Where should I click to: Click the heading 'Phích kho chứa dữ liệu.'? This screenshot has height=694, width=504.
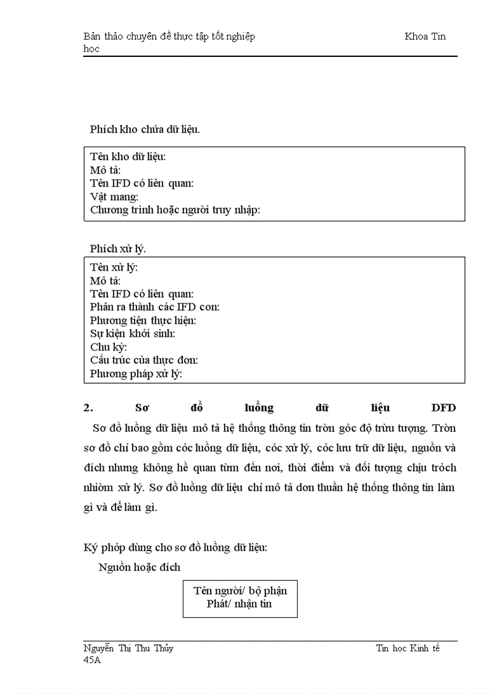tap(145, 129)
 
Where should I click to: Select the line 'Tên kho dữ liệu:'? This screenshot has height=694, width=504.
tap(128, 156)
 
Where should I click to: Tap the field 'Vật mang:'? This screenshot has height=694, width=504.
tap(114, 197)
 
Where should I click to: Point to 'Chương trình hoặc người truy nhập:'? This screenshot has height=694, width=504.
tap(175, 210)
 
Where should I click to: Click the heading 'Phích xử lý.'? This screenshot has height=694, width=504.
tap(117, 248)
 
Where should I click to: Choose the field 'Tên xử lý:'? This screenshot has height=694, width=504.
tap(114, 267)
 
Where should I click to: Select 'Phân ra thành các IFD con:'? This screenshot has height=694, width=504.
tap(154, 307)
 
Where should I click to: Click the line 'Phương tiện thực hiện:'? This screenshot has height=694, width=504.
tap(143, 320)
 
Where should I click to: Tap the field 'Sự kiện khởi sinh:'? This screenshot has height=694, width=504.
tap(132, 334)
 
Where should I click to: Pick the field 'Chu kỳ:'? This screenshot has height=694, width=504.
tap(109, 347)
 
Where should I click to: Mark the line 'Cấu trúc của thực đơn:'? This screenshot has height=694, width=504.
tap(144, 360)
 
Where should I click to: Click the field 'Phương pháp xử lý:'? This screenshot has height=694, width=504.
tap(136, 374)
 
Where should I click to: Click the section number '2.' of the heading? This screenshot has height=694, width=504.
tap(88, 408)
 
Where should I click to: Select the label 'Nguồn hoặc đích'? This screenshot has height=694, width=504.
tap(140, 567)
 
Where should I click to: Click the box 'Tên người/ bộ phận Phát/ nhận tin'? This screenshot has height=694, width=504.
tap(240, 597)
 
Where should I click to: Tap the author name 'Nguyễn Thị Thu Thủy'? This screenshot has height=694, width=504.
tap(128, 648)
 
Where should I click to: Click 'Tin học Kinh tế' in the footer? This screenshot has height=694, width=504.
tap(408, 648)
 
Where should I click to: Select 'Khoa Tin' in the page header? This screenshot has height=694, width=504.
tap(425, 36)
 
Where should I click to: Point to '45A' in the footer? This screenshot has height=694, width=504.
tap(92, 661)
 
